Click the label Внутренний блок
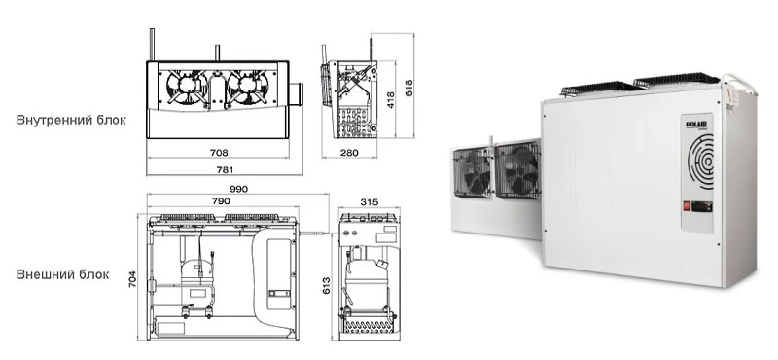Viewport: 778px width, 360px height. [71, 121]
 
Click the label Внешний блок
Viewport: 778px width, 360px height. [62, 274]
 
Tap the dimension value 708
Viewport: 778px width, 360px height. [219, 153]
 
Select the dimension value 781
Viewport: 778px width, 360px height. [225, 170]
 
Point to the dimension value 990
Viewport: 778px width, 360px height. [238, 189]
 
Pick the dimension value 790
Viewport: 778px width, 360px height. [221, 201]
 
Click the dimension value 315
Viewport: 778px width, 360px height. [370, 202]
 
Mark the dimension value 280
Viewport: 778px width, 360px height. [349, 153]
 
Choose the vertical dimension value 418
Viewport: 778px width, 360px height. [391, 100]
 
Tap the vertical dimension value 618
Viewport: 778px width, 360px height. [408, 89]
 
